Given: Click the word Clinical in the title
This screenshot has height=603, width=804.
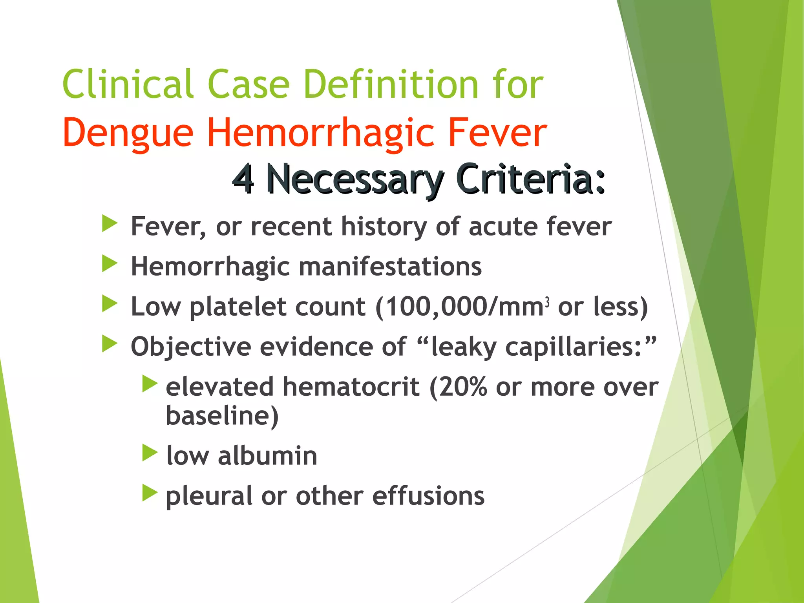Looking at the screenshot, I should [x=128, y=84].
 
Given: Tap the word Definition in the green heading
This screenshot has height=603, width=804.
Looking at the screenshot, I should [x=391, y=84].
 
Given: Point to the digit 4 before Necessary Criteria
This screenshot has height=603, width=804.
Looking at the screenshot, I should [x=243, y=179].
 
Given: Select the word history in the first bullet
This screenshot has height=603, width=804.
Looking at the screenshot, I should [x=383, y=227].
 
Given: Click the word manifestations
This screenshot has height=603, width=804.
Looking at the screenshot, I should [x=390, y=267].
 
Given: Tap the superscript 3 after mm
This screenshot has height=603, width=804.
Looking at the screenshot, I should [x=547, y=302].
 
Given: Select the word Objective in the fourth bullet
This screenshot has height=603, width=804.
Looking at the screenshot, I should [x=191, y=347].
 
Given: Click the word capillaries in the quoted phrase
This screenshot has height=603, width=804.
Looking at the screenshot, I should [x=573, y=347].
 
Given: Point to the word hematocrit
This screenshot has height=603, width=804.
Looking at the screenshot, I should [x=351, y=387].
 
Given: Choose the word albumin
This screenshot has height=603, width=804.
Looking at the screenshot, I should [x=267, y=456].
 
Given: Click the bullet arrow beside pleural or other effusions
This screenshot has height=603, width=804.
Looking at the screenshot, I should [x=150, y=493].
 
